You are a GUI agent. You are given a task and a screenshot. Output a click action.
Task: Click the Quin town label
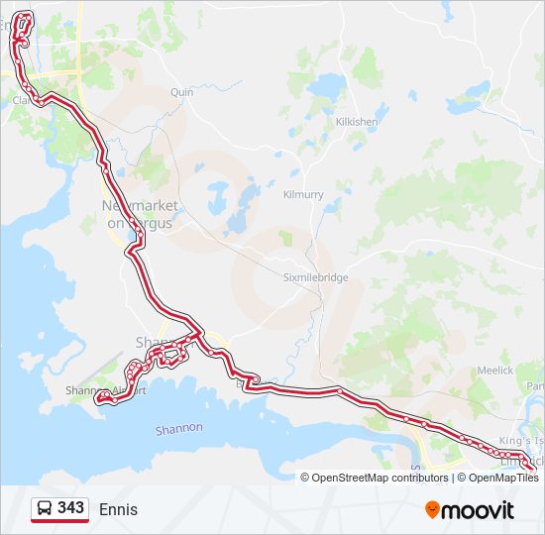click(x=181, y=92)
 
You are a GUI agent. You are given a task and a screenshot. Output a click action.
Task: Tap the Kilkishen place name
click(x=357, y=122)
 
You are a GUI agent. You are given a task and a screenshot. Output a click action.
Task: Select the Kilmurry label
click(x=303, y=195)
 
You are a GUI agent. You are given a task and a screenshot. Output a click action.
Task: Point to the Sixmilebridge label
click(x=316, y=277)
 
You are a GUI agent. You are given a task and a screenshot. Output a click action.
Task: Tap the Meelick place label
click(x=494, y=371)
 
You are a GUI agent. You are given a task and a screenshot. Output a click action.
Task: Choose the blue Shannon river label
click(x=179, y=429)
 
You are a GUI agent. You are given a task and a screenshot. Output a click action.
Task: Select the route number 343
click(x=70, y=508)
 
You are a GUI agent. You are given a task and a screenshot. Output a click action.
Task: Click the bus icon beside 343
click(x=45, y=509)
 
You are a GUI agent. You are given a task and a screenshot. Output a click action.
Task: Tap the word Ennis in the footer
click(x=118, y=510)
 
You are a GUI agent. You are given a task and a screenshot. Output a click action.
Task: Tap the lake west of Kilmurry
click(x=228, y=203)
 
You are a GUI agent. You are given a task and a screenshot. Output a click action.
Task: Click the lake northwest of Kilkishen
click(x=325, y=87)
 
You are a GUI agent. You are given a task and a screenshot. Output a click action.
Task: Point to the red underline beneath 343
click(x=59, y=522)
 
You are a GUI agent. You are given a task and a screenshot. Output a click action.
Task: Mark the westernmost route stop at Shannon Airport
click(x=98, y=399)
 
